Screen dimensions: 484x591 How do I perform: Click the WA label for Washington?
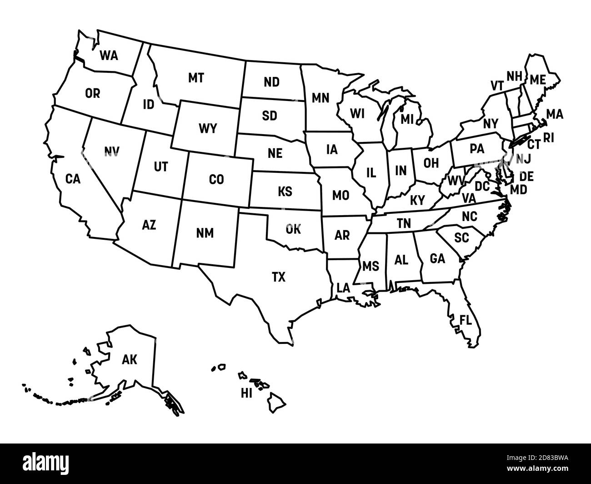pyautogui.click(x=109, y=55)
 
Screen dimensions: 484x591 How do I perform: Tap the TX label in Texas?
pyautogui.click(x=279, y=277)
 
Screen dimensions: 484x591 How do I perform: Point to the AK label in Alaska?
pyautogui.click(x=130, y=360)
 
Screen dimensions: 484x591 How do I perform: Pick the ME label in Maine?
pyautogui.click(x=537, y=79)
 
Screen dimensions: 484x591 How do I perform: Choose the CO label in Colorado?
pyautogui.click(x=216, y=180)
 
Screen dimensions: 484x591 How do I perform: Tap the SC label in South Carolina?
pyautogui.click(x=461, y=237)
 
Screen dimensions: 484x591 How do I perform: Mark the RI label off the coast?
pyautogui.click(x=549, y=137)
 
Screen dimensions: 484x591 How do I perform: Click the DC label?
pyautogui.click(x=482, y=186)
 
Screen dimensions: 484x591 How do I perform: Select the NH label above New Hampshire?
pyautogui.click(x=514, y=76)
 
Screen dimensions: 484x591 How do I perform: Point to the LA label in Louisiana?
pyautogui.click(x=344, y=288)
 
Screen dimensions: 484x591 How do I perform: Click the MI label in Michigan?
pyautogui.click(x=407, y=120)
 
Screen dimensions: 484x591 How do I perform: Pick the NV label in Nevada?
pyautogui.click(x=111, y=151)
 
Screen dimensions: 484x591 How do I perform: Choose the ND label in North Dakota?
pyautogui.click(x=271, y=82)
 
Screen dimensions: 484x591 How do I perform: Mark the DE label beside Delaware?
pyautogui.click(x=526, y=176)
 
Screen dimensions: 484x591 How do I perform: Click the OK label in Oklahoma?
pyautogui.click(x=293, y=229)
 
